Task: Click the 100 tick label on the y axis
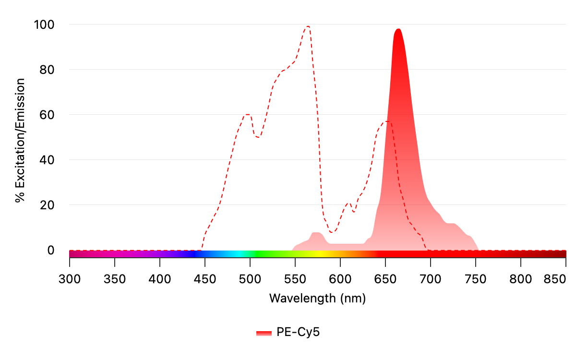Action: tap(44, 24)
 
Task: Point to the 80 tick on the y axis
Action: tap(48, 70)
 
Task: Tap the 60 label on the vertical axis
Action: tap(48, 115)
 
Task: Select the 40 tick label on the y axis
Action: tap(48, 160)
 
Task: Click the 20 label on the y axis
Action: tap(48, 205)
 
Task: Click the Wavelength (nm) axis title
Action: tap(317, 298)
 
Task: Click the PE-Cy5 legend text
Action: tap(298, 332)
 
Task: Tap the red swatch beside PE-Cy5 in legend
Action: tap(264, 333)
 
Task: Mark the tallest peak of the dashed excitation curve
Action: tap(308, 26)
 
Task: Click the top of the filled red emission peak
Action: tap(398, 29)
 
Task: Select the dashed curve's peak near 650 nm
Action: tap(387, 122)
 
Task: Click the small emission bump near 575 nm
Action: tap(317, 233)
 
